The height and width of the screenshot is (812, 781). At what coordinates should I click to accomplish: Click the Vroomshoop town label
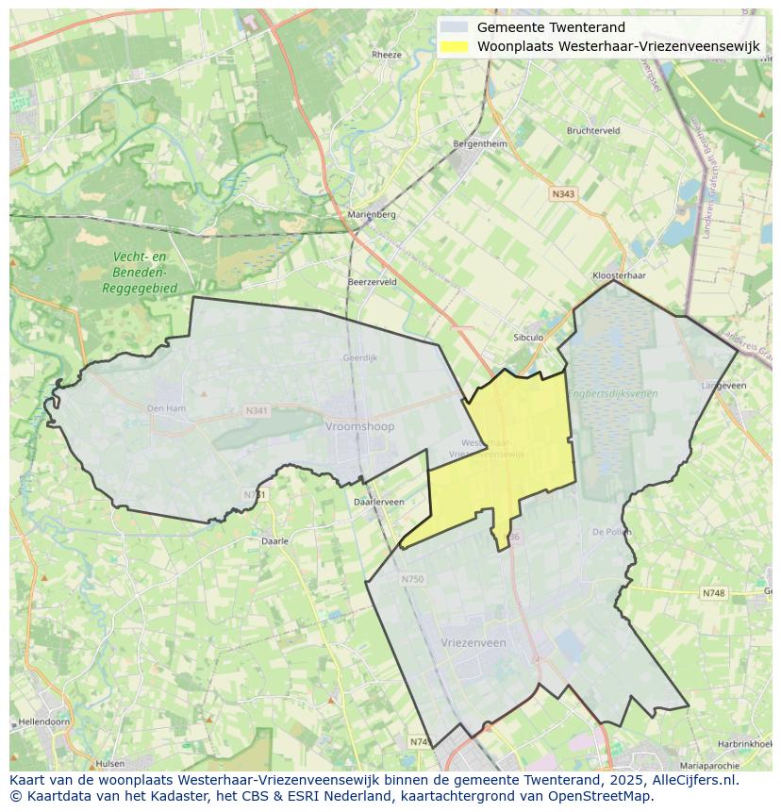click(359, 426)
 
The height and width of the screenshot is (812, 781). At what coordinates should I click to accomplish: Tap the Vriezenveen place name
click(474, 642)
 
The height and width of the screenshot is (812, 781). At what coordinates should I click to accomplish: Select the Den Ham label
click(167, 408)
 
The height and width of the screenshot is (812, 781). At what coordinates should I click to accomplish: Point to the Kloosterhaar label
click(619, 275)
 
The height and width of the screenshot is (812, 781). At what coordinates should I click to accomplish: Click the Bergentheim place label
click(480, 144)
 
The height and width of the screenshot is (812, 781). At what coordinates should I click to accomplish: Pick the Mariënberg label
click(372, 214)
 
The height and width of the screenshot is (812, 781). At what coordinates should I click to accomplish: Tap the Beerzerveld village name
click(372, 282)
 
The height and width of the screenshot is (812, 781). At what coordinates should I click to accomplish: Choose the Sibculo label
click(528, 337)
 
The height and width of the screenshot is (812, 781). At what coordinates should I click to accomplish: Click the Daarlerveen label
click(378, 502)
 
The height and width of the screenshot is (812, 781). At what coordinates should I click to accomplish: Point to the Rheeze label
click(387, 55)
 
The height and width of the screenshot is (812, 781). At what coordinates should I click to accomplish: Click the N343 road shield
click(563, 193)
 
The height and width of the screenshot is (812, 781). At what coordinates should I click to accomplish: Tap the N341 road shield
click(257, 411)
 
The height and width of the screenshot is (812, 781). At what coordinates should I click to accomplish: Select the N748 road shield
click(714, 593)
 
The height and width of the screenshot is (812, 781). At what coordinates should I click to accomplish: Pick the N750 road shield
click(412, 579)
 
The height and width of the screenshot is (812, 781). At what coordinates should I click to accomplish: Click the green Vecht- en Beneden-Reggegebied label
click(140, 273)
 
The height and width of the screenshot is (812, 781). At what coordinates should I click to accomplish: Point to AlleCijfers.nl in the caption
click(697, 780)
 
